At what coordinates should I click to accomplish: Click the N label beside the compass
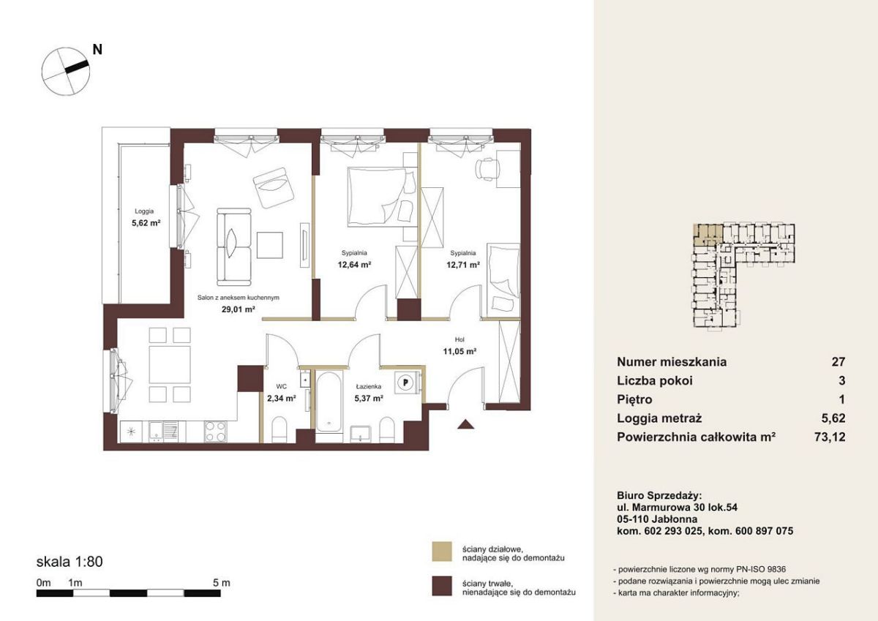(x=97, y=50)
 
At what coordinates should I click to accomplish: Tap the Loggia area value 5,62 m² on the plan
(x=146, y=223)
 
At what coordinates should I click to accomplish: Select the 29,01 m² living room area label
(x=239, y=309)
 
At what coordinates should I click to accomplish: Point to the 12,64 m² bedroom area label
(x=354, y=265)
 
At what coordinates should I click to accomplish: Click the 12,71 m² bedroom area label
(x=463, y=265)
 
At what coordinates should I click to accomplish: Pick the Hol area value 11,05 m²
(x=459, y=351)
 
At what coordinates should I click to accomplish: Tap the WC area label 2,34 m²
(x=282, y=399)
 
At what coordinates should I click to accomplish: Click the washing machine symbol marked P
(x=406, y=382)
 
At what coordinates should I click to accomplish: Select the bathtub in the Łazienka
(x=329, y=402)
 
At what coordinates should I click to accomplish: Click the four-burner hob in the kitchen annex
(x=215, y=432)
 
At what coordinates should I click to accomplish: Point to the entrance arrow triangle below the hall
(x=465, y=424)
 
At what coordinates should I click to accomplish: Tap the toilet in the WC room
(x=279, y=429)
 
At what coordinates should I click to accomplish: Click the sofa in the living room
(x=234, y=246)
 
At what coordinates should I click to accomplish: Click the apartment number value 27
(x=838, y=361)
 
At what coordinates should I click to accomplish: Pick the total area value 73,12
(x=830, y=437)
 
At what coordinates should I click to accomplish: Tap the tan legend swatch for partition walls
(x=442, y=552)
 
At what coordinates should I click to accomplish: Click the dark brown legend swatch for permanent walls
(x=442, y=586)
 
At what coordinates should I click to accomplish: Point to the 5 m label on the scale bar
(x=222, y=583)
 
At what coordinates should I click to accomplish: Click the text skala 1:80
(x=70, y=562)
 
